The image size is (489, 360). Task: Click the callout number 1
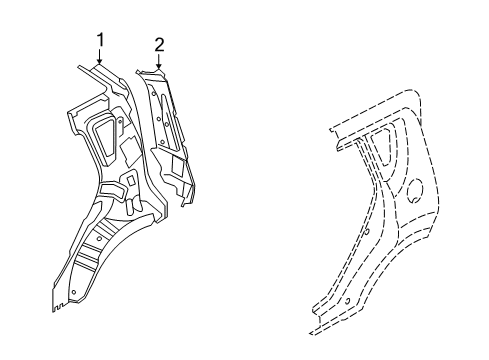100,39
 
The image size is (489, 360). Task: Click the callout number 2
158,44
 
